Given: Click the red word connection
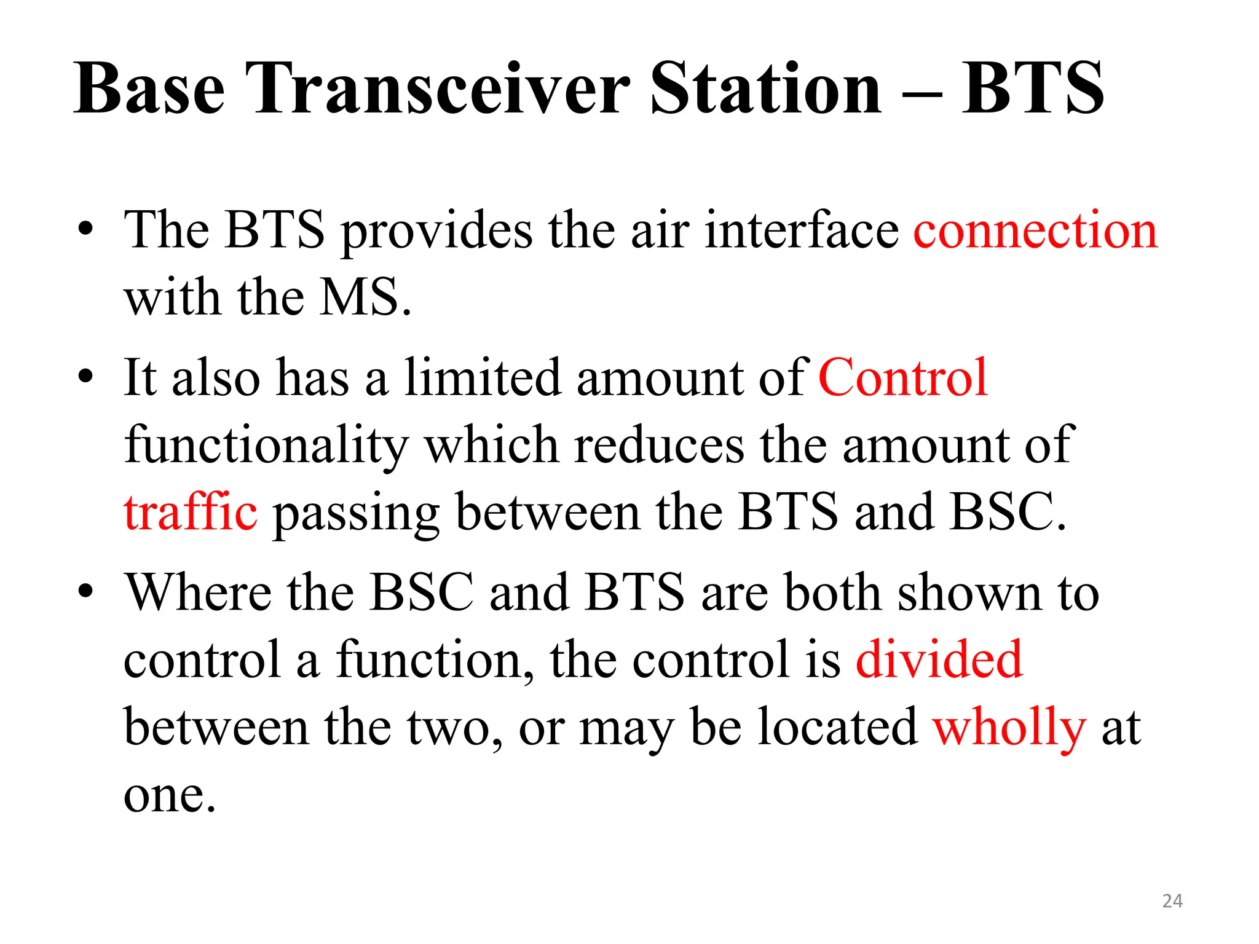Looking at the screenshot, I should point(1035,230).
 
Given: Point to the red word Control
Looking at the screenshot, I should point(903,378).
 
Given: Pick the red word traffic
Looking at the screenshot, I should point(191,512).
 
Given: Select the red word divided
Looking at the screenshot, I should point(939,659).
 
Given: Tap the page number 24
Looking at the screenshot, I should point(1172,901).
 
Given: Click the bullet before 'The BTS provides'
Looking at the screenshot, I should point(85,230).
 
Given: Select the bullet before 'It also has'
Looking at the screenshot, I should point(85,377).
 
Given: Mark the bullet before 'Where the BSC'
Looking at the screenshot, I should point(85,592).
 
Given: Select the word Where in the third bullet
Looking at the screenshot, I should point(198,592).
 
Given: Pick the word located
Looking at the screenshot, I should point(837,727).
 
